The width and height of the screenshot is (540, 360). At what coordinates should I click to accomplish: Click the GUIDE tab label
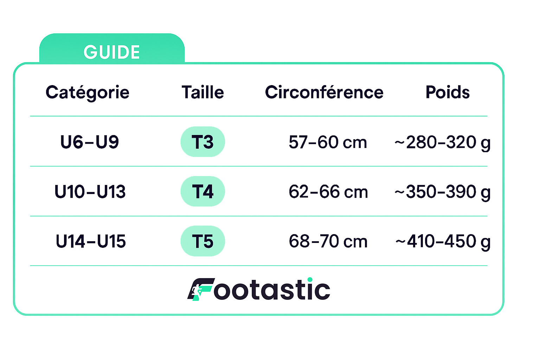click(x=111, y=52)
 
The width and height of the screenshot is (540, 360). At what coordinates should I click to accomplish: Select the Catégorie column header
click(x=88, y=92)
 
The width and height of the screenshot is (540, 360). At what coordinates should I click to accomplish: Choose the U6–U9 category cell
click(x=90, y=142)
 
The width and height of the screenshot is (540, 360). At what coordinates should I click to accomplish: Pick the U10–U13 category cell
click(x=90, y=192)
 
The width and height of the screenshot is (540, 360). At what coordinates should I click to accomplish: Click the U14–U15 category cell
click(x=91, y=241)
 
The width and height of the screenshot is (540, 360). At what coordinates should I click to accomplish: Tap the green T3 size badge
click(x=203, y=142)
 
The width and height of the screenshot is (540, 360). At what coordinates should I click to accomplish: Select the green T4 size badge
click(x=203, y=192)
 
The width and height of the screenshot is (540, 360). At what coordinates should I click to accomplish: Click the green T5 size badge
click(x=203, y=241)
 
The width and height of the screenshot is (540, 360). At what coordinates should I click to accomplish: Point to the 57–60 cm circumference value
click(x=328, y=142)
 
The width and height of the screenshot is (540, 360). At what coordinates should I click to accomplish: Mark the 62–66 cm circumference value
click(x=328, y=192)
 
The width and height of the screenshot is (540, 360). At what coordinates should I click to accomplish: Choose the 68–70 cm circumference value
click(x=328, y=241)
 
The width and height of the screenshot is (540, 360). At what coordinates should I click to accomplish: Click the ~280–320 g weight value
click(x=442, y=143)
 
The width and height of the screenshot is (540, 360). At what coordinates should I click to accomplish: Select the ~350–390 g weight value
click(x=442, y=193)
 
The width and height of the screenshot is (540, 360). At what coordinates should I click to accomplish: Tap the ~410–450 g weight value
click(x=443, y=242)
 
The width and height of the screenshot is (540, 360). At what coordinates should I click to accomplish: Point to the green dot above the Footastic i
click(x=310, y=280)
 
